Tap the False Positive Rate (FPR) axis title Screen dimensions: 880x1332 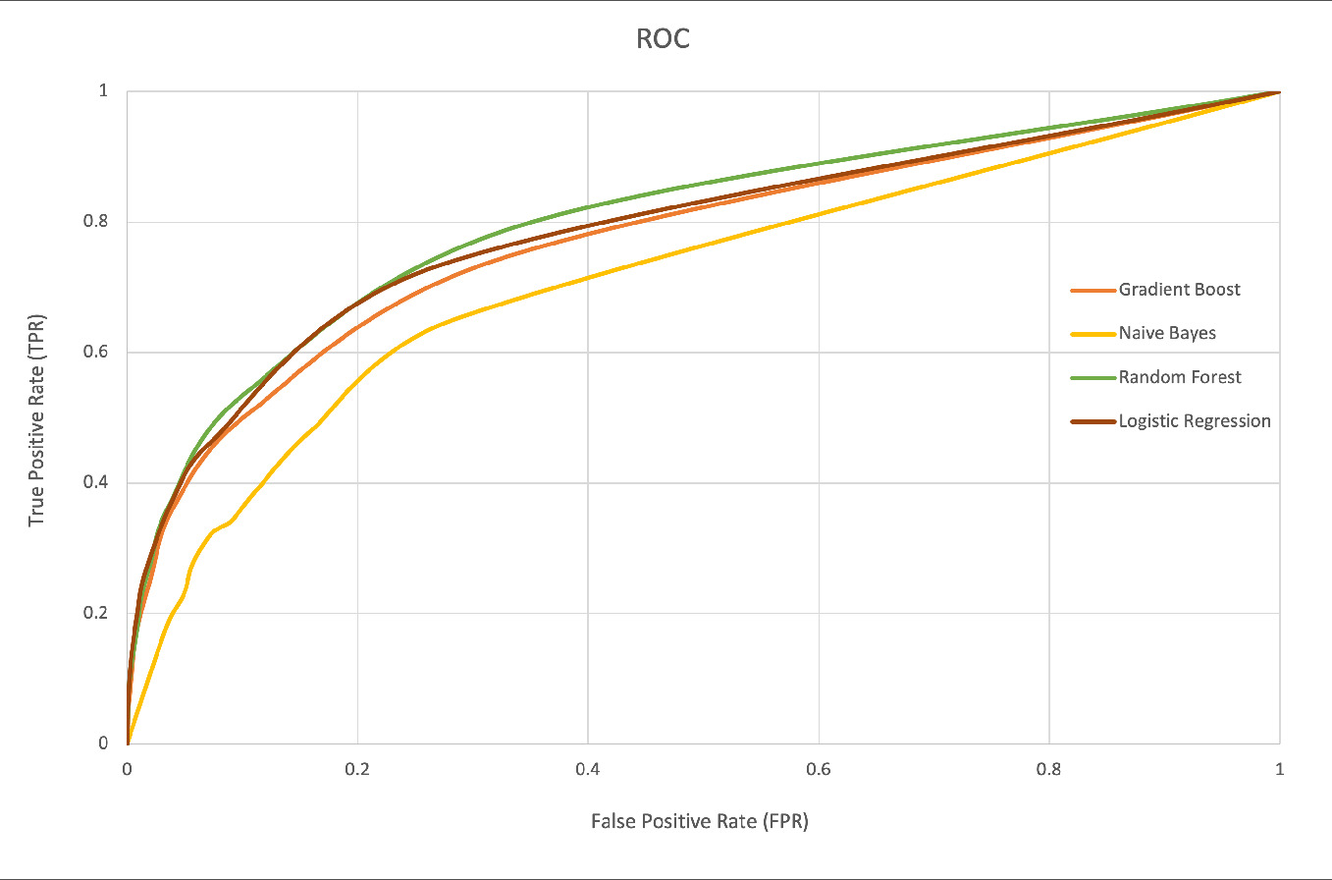pos(699,821)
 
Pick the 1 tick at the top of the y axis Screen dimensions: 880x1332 pos(103,91)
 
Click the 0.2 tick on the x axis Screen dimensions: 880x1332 pos(358,771)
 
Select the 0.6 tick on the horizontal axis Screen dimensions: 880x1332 pos(819,771)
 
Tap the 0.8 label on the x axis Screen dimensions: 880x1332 pos(1049,771)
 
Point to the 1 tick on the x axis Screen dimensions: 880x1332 pos(1279,771)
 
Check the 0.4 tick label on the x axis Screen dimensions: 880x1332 pos(588,771)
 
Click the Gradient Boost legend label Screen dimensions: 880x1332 pos(1179,290)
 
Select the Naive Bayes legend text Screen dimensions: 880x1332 pos(1167,333)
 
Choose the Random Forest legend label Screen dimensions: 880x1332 pos(1180,377)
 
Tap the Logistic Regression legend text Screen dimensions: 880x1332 pos(1195,421)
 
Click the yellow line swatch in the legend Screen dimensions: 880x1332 pos(1092,334)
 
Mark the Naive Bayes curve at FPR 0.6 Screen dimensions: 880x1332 pos(819,214)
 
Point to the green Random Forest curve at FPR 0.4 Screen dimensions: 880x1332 pos(588,207)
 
